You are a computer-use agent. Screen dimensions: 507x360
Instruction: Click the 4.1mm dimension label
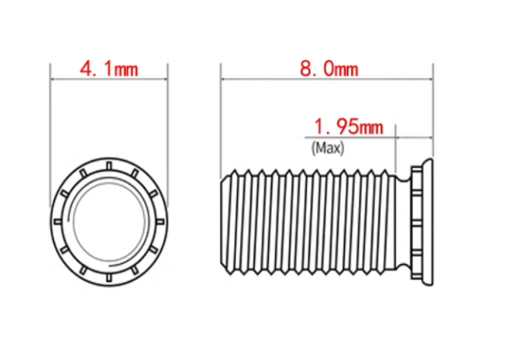click(x=109, y=69)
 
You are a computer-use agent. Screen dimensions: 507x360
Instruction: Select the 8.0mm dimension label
click(x=329, y=69)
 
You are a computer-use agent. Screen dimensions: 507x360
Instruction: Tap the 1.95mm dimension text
click(x=348, y=127)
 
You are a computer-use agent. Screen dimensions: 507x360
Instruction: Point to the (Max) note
click(x=328, y=148)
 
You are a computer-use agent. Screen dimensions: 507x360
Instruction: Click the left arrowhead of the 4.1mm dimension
click(x=53, y=79)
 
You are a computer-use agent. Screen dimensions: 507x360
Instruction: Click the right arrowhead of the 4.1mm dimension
click(x=165, y=79)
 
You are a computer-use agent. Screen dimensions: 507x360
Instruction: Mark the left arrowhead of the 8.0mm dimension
click(x=223, y=79)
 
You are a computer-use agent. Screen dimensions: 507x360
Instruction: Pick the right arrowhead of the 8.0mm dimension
click(x=430, y=79)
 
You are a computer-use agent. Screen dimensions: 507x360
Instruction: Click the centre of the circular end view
click(x=109, y=222)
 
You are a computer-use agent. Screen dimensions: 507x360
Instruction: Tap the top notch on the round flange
click(x=109, y=166)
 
